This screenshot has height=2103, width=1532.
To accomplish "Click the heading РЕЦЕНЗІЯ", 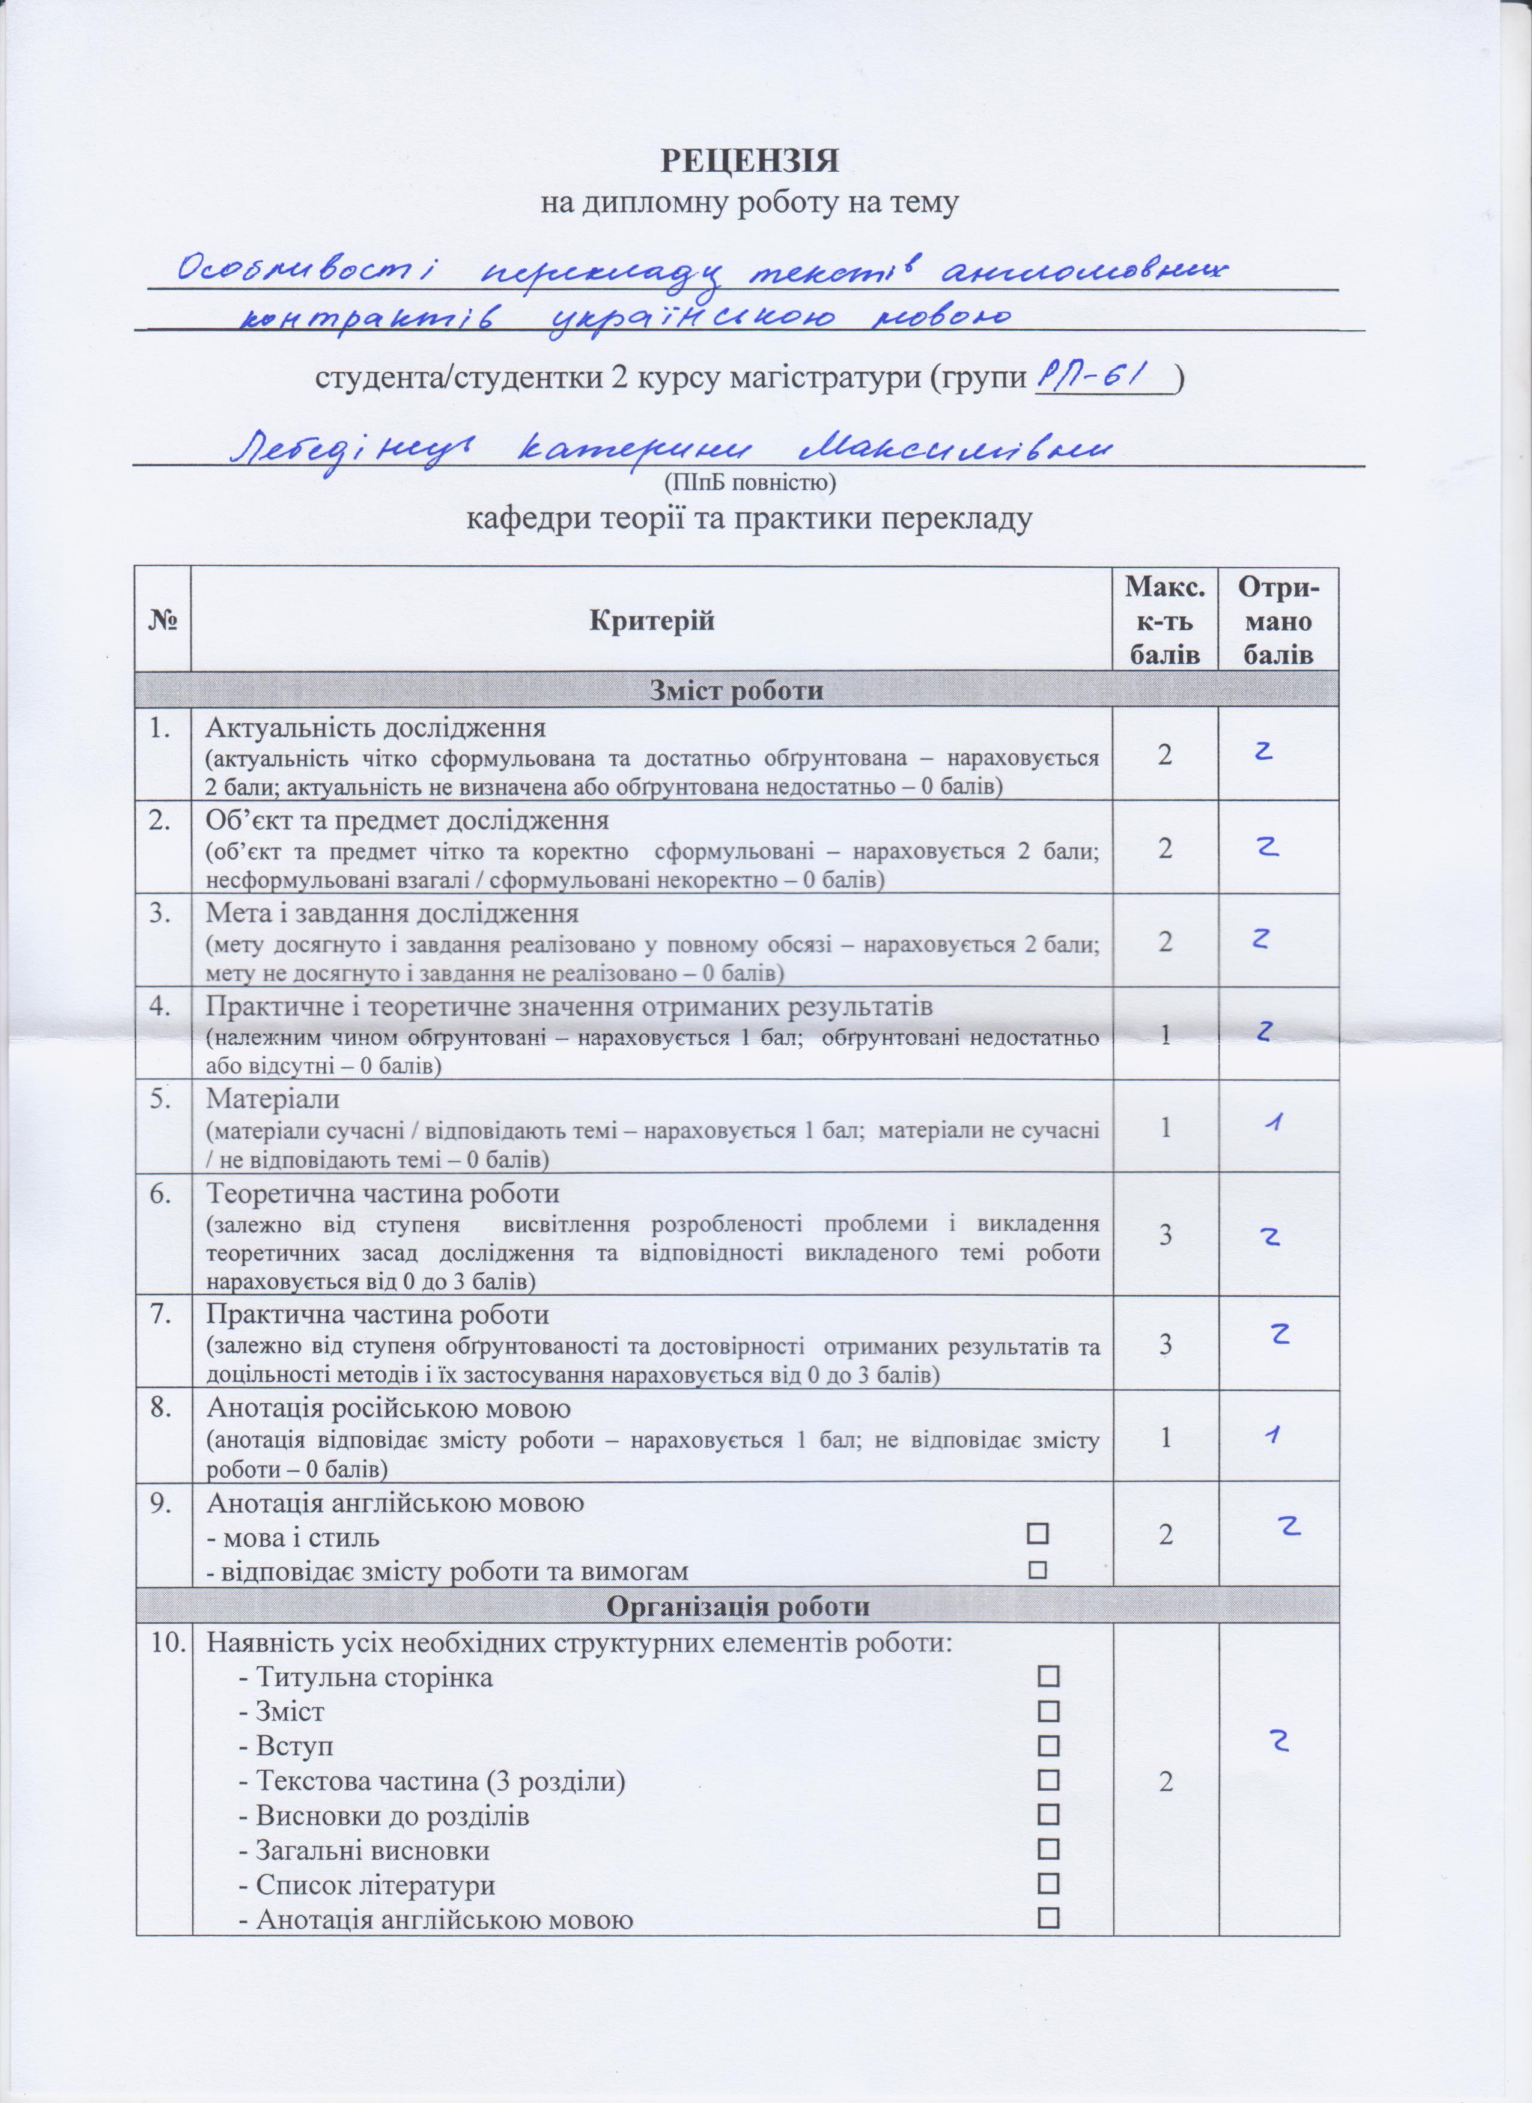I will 749,160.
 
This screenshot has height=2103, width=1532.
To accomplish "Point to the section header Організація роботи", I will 737,1605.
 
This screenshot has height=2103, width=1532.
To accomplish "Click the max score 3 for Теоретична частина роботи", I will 1165,1234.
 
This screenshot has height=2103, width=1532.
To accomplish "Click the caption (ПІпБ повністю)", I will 749,482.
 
